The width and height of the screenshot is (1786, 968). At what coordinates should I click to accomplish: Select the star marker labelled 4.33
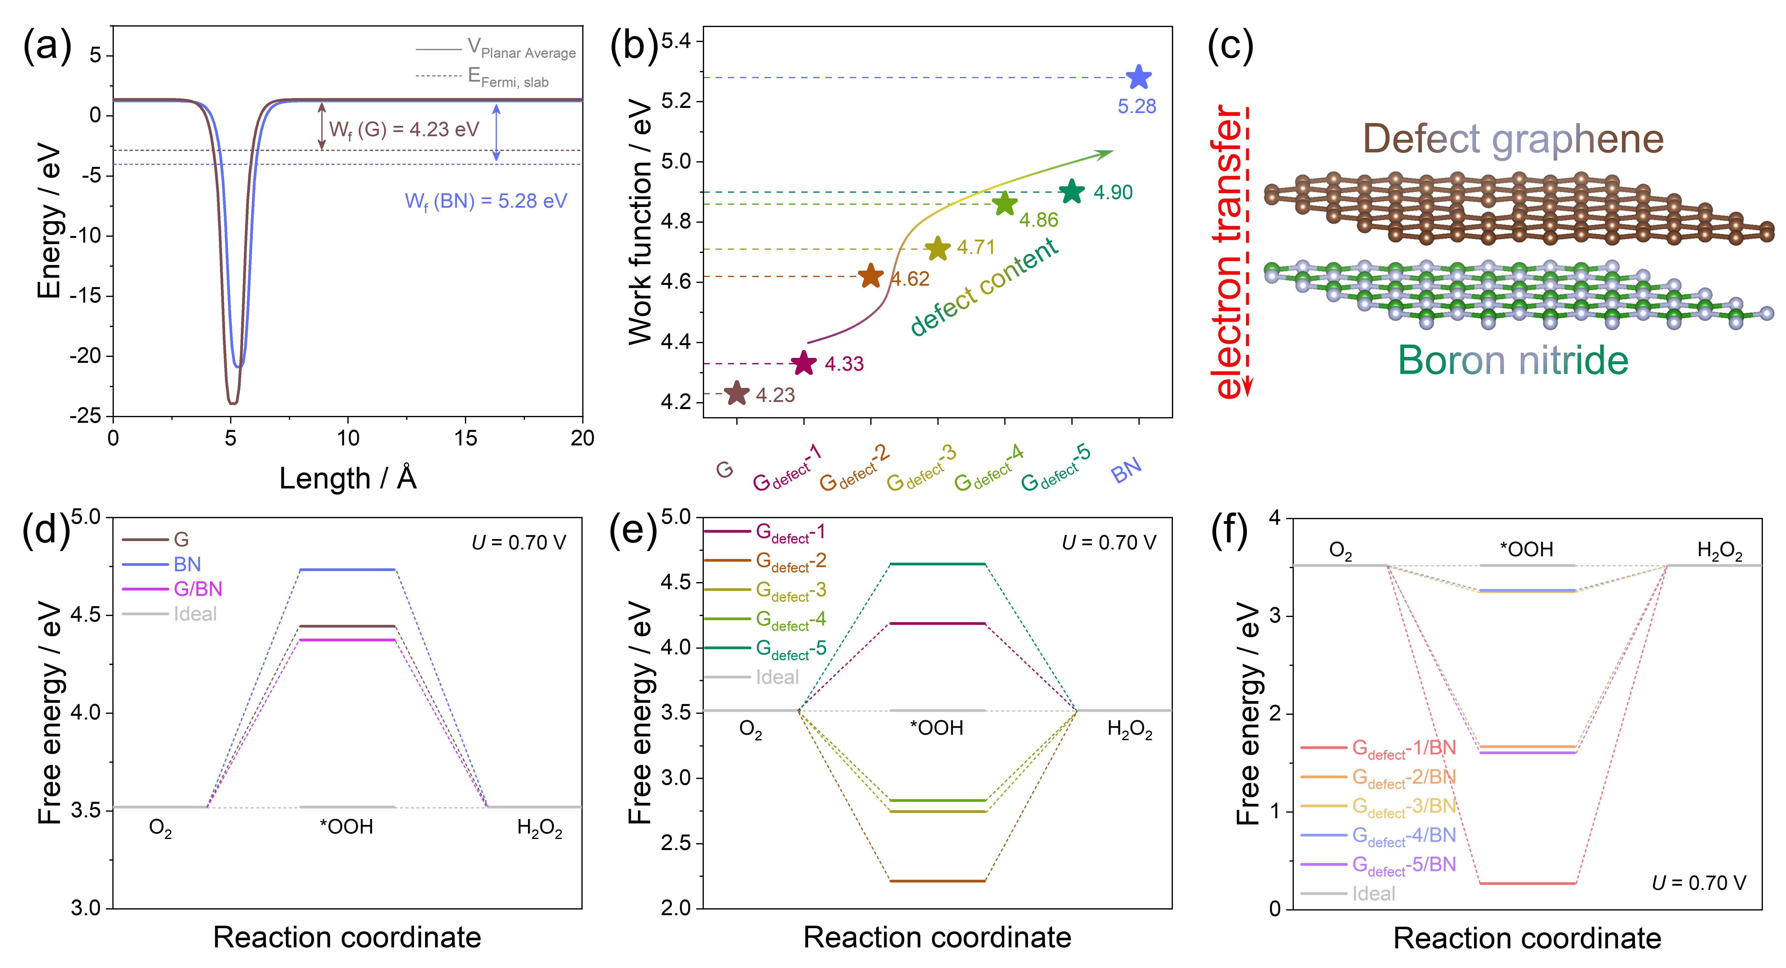point(804,363)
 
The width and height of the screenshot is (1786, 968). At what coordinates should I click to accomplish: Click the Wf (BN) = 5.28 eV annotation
point(485,201)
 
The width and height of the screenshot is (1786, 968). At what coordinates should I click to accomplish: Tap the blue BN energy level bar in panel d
point(347,570)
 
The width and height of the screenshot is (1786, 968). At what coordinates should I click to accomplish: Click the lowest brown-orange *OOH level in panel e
point(937,881)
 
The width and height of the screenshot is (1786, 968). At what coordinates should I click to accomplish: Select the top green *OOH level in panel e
point(937,564)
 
